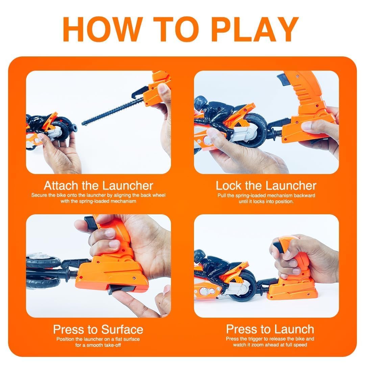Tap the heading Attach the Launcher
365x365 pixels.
(98, 186)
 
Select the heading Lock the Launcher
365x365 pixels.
(266, 186)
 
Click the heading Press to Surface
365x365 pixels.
(98, 329)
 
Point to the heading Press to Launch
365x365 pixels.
(270, 329)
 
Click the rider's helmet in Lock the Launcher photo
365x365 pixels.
(200, 102)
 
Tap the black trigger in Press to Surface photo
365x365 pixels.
(91, 223)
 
